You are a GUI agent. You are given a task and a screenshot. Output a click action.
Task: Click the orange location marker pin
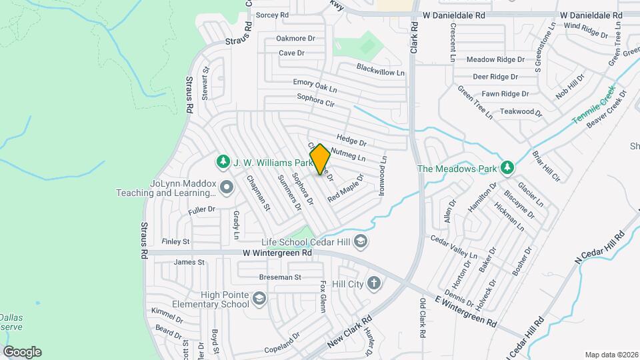[320, 159]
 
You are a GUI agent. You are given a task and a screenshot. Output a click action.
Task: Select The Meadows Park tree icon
[507, 167]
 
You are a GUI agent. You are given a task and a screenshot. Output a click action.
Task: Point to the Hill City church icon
[374, 283]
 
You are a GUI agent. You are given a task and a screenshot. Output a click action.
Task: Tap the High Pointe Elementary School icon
[258, 301]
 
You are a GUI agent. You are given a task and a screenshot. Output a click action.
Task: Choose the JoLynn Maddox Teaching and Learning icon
[227, 188]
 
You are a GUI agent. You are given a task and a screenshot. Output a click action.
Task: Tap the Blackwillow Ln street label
[381, 69]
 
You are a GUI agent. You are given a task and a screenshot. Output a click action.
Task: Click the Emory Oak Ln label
[315, 86]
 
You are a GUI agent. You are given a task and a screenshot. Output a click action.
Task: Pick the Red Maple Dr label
[345, 187]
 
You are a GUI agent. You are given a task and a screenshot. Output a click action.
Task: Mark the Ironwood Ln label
[383, 176]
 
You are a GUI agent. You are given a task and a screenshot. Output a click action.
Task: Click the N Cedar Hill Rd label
[599, 253]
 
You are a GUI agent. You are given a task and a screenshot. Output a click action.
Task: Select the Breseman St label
[280, 277]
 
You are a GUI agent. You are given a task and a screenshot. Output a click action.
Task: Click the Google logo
[22, 352]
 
